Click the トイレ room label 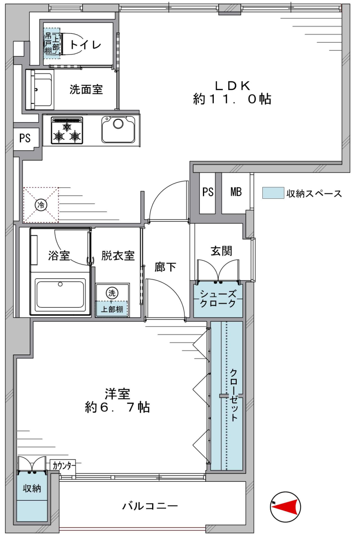pos(85,45)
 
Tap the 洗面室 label pos(86,90)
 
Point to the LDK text pos(233,86)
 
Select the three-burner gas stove pos(67,130)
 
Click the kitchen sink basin pos(118,130)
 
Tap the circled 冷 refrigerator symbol pos(41,205)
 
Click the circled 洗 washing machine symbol pos(112,293)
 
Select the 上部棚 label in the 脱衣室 pos(112,310)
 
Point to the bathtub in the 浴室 pos(60,295)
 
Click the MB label pos(236,192)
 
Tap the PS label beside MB pos(208,192)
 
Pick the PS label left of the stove pos(25,138)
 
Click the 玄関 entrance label pos(221,251)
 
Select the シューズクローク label pos(218,299)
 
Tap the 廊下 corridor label pos(165,267)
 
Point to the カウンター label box pos(63,466)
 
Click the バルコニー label pos(150,506)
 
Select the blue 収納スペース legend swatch pos(273,193)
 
